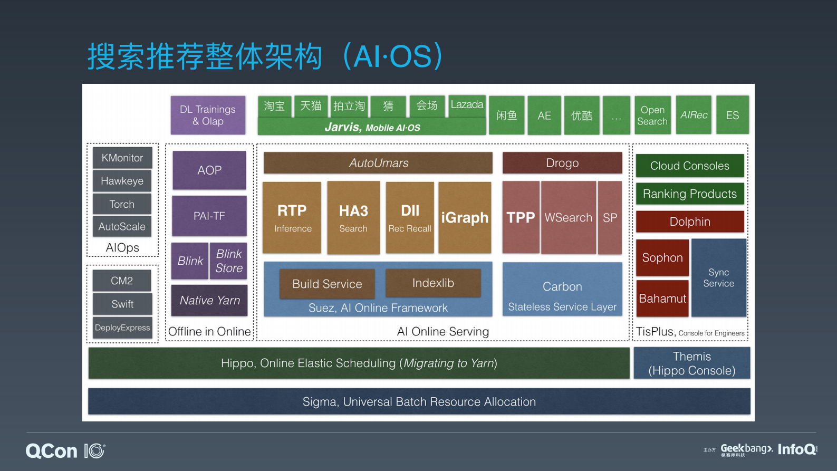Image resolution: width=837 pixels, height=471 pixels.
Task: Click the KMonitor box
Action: (x=122, y=158)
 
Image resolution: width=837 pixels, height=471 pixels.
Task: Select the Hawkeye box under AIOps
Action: (x=122, y=181)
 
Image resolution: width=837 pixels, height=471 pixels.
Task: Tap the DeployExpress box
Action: (x=122, y=328)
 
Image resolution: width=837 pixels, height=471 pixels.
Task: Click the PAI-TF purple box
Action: (x=209, y=216)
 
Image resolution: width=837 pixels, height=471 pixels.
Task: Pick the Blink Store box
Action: (x=228, y=261)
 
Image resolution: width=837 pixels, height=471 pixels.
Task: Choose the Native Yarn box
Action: (x=209, y=300)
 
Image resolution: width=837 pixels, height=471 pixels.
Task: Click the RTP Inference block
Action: (x=292, y=218)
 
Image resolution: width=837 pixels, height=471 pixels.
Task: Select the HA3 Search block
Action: (x=353, y=218)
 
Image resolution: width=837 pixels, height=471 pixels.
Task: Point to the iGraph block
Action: (x=465, y=217)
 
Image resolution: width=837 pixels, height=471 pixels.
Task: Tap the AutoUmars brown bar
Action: (x=378, y=163)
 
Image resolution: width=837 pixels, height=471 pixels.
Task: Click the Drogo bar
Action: (x=562, y=163)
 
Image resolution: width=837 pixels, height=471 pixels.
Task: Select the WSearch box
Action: (x=568, y=217)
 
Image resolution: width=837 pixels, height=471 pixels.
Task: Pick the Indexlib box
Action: (x=433, y=283)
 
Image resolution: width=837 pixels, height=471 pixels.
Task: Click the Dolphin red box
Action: (x=690, y=222)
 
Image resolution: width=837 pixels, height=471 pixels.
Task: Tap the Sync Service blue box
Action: (x=718, y=277)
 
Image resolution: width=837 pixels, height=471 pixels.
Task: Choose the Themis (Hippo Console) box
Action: (x=691, y=363)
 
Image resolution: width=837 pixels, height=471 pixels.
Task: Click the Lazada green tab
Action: (x=467, y=105)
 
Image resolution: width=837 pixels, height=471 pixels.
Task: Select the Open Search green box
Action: (x=652, y=115)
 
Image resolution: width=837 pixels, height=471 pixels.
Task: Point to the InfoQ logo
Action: (x=797, y=449)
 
